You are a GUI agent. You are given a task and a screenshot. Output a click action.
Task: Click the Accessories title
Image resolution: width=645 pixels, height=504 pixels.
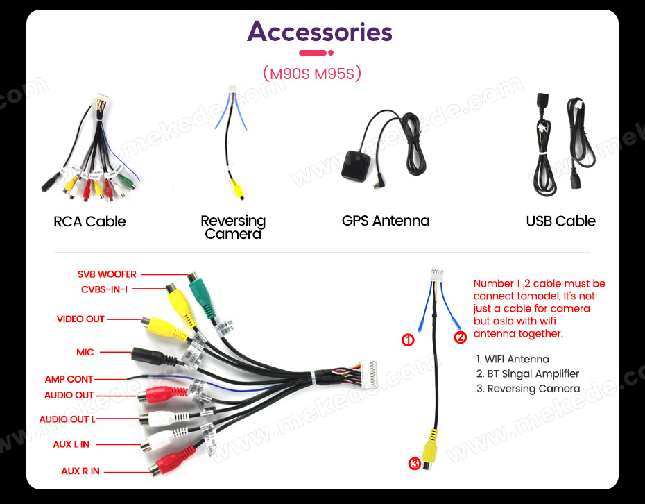point(319,32)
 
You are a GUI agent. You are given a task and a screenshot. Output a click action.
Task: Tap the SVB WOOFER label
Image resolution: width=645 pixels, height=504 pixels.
point(107,274)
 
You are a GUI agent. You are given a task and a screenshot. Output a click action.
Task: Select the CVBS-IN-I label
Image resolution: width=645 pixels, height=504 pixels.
point(105,289)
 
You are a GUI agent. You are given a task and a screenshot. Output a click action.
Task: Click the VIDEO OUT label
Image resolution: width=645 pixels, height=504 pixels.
point(80,319)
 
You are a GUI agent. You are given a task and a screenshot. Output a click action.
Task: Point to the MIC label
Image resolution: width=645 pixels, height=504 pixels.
point(85,353)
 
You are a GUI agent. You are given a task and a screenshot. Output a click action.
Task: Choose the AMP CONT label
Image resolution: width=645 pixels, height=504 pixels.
point(69,379)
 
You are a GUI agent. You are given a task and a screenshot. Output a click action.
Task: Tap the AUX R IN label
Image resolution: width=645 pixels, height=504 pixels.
point(80,471)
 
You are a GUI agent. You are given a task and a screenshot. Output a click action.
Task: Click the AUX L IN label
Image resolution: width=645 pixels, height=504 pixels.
point(71,444)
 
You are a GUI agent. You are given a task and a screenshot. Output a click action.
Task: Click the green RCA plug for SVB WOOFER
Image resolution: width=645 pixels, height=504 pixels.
point(202,295)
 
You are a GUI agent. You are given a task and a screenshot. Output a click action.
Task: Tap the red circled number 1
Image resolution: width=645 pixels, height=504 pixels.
point(408,340)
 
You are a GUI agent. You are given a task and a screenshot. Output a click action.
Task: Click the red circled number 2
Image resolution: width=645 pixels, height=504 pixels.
point(460,337)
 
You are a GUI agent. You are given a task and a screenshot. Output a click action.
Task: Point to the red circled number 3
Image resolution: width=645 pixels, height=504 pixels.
point(414,464)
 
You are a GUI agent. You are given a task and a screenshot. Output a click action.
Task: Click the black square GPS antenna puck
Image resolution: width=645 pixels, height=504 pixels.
point(356,166)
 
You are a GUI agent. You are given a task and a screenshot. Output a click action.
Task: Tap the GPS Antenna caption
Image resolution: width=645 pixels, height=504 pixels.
point(386,221)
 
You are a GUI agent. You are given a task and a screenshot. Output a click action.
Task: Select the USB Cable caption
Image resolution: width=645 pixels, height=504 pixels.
point(560,221)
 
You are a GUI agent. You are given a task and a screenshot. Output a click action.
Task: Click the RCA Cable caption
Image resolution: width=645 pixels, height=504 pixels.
point(89,221)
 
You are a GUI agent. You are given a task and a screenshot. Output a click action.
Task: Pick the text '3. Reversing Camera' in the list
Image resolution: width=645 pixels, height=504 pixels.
point(528,389)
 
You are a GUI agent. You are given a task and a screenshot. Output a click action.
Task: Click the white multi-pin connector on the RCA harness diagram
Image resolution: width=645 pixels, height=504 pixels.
point(368,375)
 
